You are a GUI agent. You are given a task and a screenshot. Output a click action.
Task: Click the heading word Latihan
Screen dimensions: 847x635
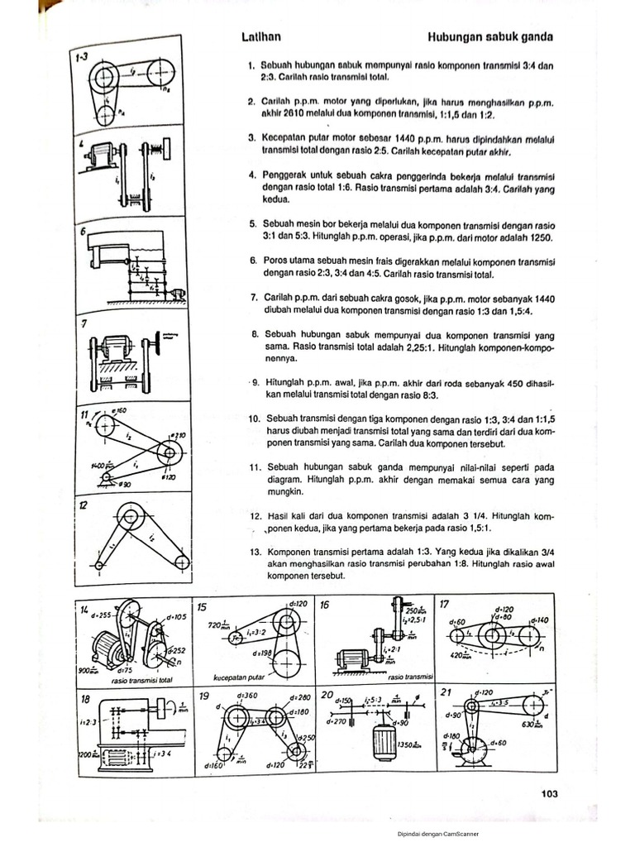[x=260, y=37]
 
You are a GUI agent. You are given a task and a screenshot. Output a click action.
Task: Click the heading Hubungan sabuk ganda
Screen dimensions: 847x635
[x=490, y=37]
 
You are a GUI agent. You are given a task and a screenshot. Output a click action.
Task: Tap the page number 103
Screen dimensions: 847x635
[x=550, y=793]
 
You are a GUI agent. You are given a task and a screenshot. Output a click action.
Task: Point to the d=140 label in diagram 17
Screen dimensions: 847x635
[x=537, y=620]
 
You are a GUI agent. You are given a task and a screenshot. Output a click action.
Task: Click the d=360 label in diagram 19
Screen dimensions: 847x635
[x=229, y=696]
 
